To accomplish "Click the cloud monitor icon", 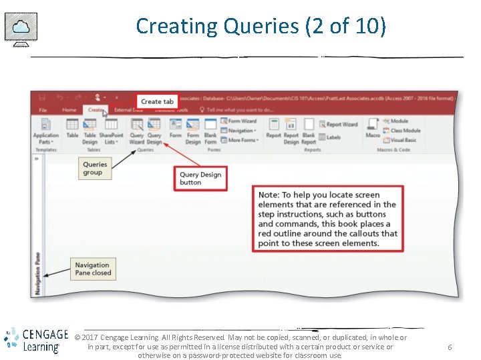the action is click(21, 28).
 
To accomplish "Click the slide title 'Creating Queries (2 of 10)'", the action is click(261, 26).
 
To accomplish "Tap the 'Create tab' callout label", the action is click(157, 101).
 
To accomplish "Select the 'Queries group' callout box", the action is click(95, 168).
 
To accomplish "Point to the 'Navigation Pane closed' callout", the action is click(93, 269).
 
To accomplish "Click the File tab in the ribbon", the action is click(43, 110).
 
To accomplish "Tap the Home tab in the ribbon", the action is click(69, 110).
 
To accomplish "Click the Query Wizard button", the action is click(137, 131).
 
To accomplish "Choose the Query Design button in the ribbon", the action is click(154, 131).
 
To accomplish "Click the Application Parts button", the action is click(45, 131).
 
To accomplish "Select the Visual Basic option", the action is click(400, 140).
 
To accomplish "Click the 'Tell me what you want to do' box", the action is click(237, 110).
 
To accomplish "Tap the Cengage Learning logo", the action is click(35, 340).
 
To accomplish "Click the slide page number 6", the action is click(450, 347).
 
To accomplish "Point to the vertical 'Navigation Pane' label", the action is click(37, 274).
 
